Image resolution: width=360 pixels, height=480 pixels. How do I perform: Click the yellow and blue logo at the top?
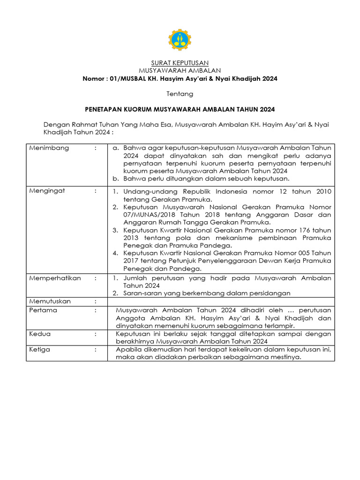(x=180, y=40)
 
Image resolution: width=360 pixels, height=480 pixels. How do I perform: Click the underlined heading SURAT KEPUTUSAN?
(x=180, y=63)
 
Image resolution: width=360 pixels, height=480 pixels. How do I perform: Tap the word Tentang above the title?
(x=180, y=94)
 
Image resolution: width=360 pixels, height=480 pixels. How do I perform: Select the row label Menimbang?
(x=49, y=148)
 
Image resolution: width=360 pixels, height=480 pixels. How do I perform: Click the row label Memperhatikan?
(x=55, y=278)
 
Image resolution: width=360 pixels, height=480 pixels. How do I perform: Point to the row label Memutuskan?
(x=50, y=301)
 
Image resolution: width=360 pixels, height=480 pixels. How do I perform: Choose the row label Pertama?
(x=43, y=310)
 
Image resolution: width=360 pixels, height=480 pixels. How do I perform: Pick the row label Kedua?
(x=40, y=334)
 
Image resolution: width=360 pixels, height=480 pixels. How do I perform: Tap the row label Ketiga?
(x=40, y=350)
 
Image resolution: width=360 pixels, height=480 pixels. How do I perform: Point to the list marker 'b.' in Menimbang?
(x=116, y=179)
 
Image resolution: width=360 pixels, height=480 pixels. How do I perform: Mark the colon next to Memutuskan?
(x=96, y=301)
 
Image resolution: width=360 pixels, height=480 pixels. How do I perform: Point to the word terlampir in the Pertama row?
(x=280, y=326)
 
